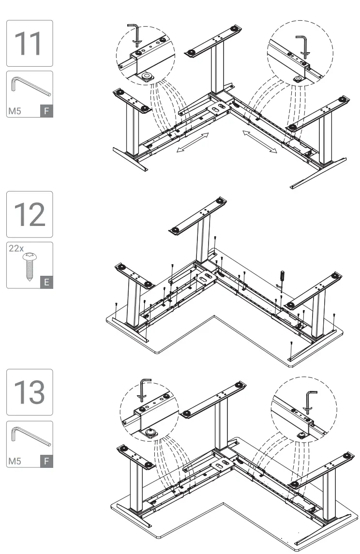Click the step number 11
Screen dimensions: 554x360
(29, 43)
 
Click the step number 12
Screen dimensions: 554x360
(29, 214)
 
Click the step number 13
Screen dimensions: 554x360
(29, 392)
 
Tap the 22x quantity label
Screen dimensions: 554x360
(16, 248)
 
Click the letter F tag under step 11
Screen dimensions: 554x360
(46, 111)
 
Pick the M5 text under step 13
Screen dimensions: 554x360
(15, 461)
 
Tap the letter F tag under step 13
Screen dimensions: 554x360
(46, 461)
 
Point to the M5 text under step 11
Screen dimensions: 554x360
(15, 111)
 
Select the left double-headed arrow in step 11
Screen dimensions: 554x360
(193, 143)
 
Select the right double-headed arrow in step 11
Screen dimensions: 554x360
(259, 141)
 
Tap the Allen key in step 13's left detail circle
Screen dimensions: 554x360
(144, 388)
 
